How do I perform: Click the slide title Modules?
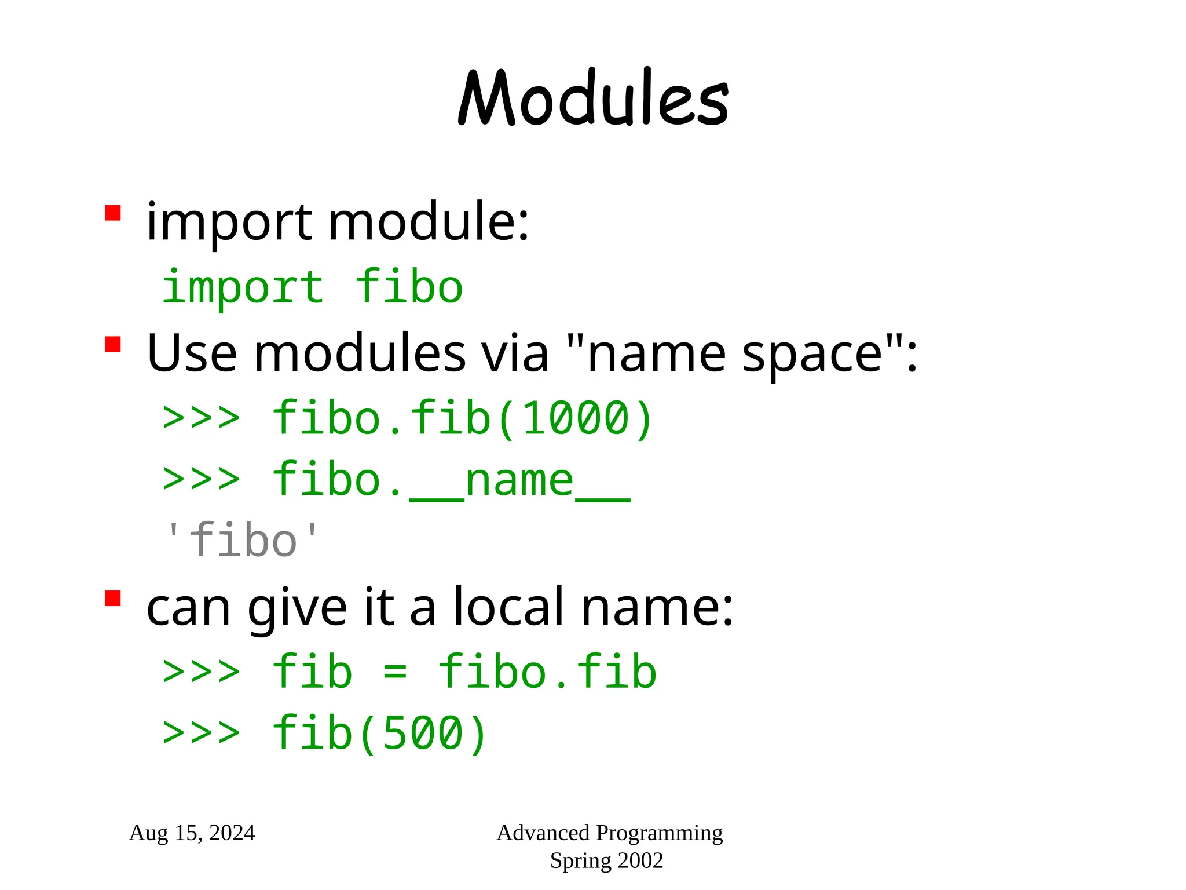[x=593, y=99]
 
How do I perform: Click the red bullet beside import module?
[x=112, y=213]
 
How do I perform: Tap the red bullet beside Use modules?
[x=112, y=344]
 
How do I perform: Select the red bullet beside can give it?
[x=112, y=598]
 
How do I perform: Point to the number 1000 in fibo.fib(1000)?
[x=576, y=418]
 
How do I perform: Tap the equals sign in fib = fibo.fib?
[x=395, y=673]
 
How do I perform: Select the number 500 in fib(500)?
[x=423, y=734]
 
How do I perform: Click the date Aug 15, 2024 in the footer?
[x=192, y=833]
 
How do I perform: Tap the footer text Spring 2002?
[x=606, y=860]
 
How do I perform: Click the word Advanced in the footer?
[x=543, y=833]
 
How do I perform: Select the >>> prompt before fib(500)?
[x=201, y=732]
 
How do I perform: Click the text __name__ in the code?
[x=519, y=481]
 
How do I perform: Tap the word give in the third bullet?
[x=297, y=608]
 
